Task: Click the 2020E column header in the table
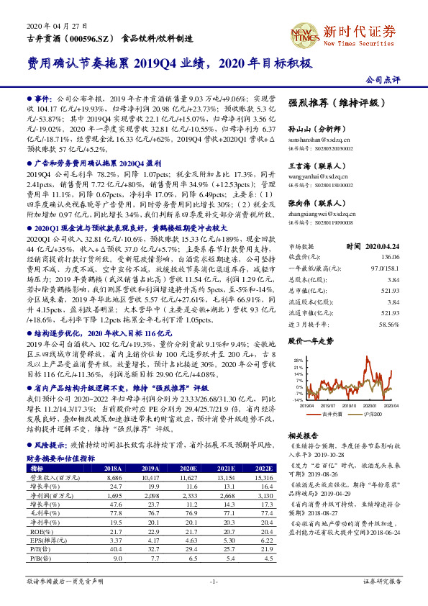(x=193, y=468)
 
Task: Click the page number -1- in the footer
(x=214, y=580)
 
